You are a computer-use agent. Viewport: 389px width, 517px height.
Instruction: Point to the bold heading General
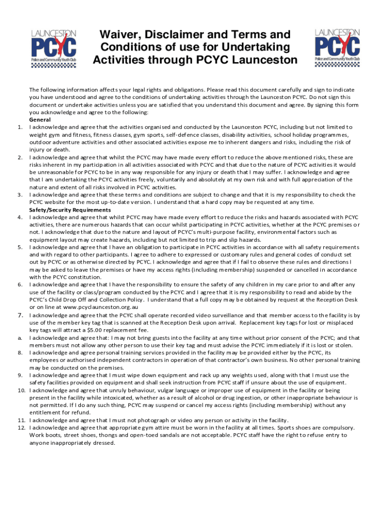(x=40, y=120)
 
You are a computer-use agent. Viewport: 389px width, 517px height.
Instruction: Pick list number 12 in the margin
(x=21, y=427)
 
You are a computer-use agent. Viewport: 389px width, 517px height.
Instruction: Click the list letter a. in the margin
(x=19, y=338)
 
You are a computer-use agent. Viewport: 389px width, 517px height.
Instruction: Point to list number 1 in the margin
(x=20, y=127)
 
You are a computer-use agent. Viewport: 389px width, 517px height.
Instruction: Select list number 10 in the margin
(x=21, y=390)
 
